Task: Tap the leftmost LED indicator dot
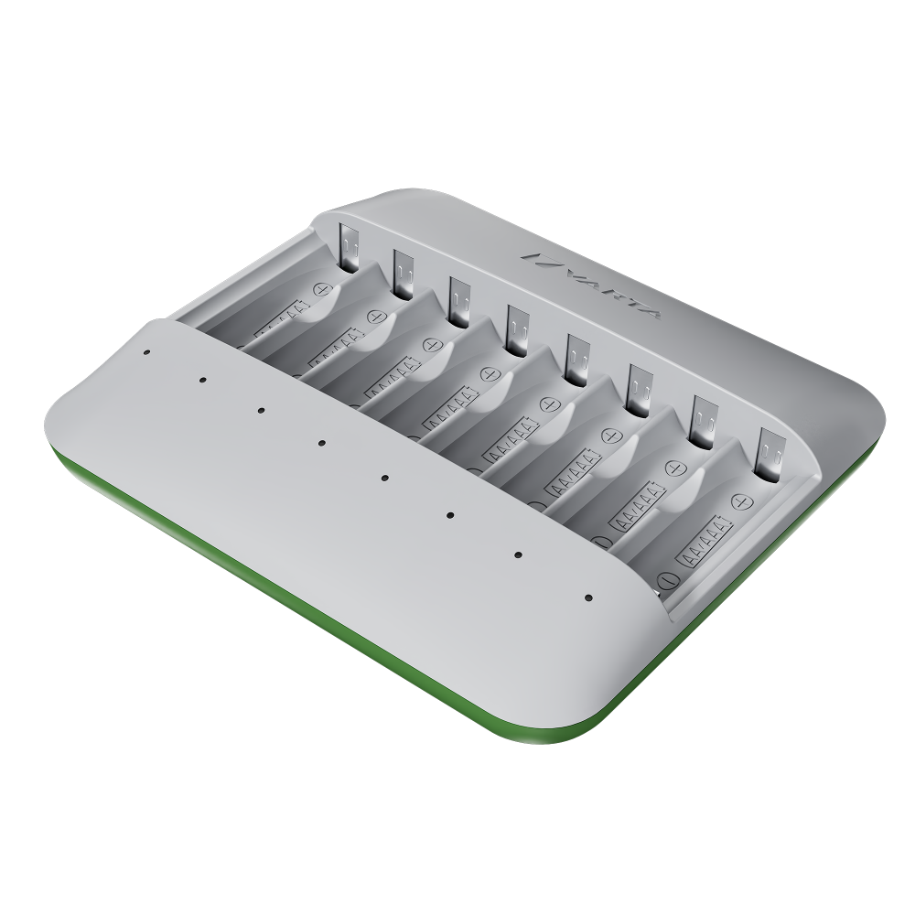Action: tap(146, 350)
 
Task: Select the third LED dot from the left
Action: tap(260, 411)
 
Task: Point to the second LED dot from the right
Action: tap(518, 554)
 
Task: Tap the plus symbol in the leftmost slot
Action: tap(321, 289)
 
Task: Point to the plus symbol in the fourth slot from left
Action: tap(489, 374)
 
